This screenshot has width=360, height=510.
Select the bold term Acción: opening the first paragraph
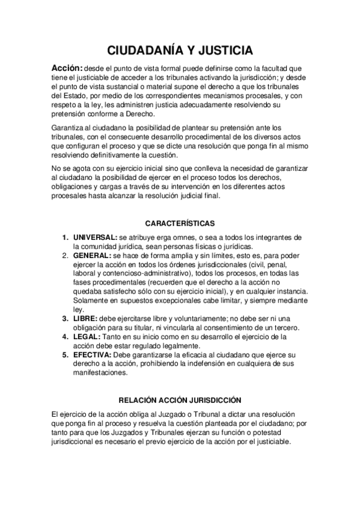click(67, 67)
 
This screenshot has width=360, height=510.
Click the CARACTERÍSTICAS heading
click(180, 223)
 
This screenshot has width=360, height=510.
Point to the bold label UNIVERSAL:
click(95, 238)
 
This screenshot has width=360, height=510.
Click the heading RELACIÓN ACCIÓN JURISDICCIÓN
click(180, 399)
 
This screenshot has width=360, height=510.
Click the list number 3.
click(65, 318)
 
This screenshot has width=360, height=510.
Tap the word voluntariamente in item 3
click(182, 318)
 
